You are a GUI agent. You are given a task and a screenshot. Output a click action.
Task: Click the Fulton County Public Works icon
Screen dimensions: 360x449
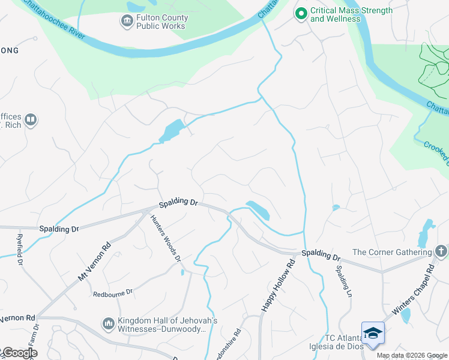[127, 22]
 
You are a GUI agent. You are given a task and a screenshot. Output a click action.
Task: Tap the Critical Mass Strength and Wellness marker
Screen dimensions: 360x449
[301, 13]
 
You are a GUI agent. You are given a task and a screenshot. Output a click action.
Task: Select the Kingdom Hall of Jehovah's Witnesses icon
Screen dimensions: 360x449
[109, 324]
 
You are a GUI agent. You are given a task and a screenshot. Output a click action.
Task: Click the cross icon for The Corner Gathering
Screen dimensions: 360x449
[441, 252]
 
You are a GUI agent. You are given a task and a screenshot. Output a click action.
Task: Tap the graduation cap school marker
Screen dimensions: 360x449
[372, 332]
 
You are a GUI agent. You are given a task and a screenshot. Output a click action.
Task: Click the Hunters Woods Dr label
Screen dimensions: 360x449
[165, 238]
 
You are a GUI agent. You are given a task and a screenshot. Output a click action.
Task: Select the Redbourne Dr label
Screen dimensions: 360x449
[112, 294]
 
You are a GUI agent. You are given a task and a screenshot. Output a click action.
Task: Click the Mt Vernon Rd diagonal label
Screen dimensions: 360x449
[95, 262]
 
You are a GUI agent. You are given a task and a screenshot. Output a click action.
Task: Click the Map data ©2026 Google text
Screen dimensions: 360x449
[412, 355]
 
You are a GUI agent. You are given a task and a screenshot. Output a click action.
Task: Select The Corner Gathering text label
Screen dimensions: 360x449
[391, 252]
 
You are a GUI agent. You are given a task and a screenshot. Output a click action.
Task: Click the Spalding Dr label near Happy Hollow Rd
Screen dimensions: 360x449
[321, 255]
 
